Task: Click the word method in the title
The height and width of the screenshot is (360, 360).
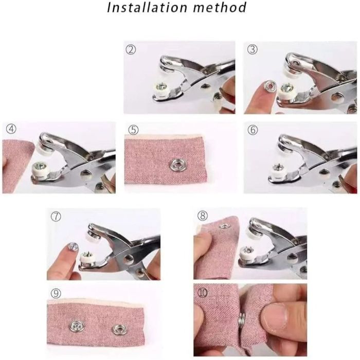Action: [x=220, y=7]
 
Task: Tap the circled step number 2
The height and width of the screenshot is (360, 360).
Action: [x=131, y=49]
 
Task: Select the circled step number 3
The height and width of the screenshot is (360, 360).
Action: [x=252, y=49]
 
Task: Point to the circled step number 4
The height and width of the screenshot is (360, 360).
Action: [x=11, y=129]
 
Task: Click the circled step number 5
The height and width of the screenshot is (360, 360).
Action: [x=133, y=130]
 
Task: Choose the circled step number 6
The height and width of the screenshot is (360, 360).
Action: [x=253, y=130]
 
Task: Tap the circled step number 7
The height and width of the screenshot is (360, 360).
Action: [x=56, y=217]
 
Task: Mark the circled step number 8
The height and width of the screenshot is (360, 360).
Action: [x=203, y=216]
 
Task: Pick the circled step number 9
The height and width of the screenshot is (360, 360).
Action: [x=56, y=294]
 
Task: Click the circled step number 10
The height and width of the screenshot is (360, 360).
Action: [x=203, y=293]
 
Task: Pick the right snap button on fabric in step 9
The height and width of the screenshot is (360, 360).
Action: [x=119, y=330]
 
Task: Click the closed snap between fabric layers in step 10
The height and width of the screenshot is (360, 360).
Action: [x=242, y=319]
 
